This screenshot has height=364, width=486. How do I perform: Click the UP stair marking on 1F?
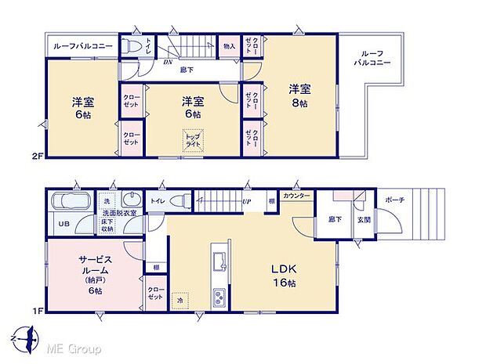coord(247,201)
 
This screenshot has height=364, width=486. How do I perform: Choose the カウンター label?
coord(296,195)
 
